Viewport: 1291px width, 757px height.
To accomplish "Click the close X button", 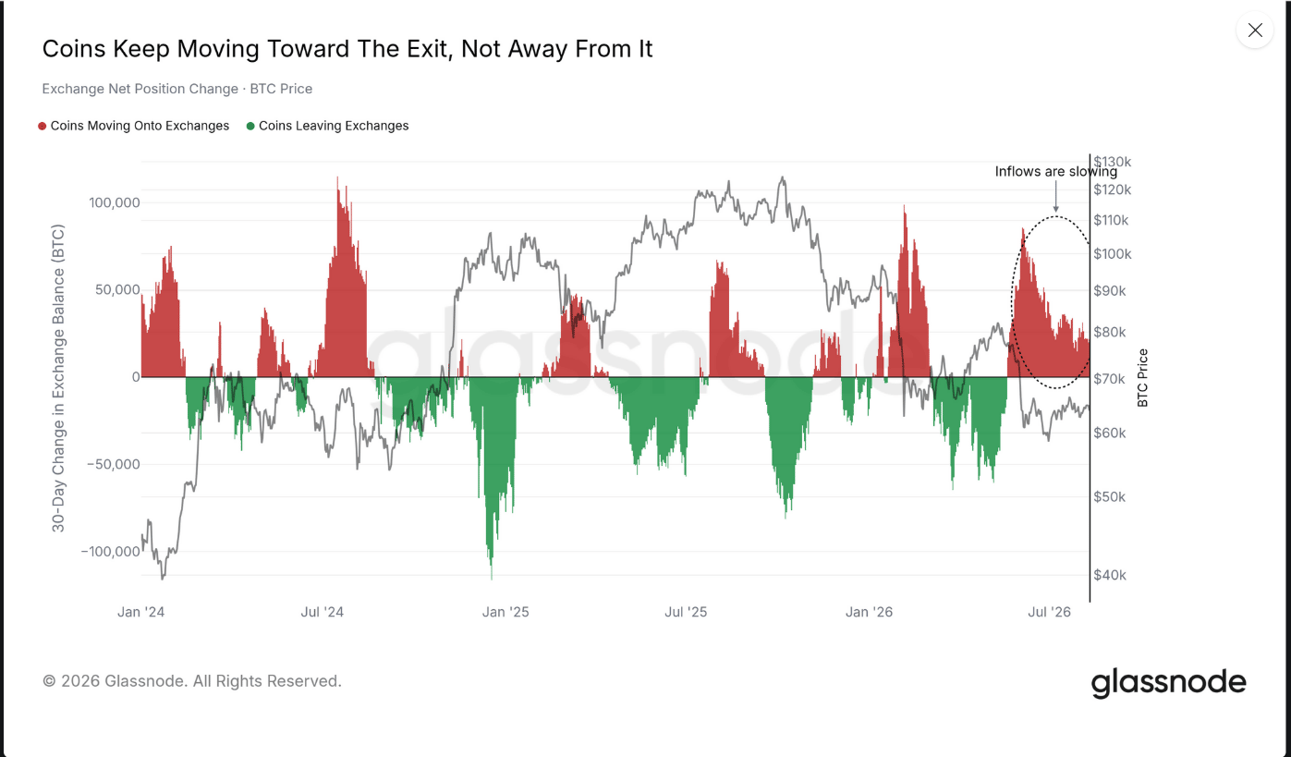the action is click(1255, 30).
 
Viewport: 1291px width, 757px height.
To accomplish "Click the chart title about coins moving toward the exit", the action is click(347, 49).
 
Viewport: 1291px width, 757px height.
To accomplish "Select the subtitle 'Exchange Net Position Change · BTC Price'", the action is click(177, 89).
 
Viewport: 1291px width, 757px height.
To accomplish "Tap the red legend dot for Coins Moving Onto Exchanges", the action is click(43, 127).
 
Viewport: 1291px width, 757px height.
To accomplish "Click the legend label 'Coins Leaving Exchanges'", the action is click(334, 126).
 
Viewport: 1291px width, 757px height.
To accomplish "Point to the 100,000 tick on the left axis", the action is click(114, 203).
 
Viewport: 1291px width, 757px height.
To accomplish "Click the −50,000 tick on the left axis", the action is click(113, 464).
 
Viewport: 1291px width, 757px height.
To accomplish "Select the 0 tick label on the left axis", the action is click(136, 377).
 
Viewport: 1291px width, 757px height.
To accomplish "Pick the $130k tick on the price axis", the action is click(1113, 162).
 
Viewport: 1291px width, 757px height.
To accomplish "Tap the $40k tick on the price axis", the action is click(1110, 575).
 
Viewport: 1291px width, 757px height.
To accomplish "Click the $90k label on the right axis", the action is click(1110, 291).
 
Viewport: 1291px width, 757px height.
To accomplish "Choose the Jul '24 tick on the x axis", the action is click(323, 612).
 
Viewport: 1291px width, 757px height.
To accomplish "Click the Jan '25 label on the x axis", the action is click(505, 612).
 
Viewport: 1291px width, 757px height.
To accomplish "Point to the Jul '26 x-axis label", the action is click(1050, 612).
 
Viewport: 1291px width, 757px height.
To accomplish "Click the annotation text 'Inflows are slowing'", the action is click(1056, 171).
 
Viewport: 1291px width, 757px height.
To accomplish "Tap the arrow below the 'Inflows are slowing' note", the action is click(1056, 197).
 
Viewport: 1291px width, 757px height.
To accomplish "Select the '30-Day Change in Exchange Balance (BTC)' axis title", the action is click(58, 378).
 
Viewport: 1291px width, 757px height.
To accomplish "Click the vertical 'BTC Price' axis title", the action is click(1142, 378).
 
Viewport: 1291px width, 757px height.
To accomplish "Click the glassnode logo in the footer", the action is click(1169, 683).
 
